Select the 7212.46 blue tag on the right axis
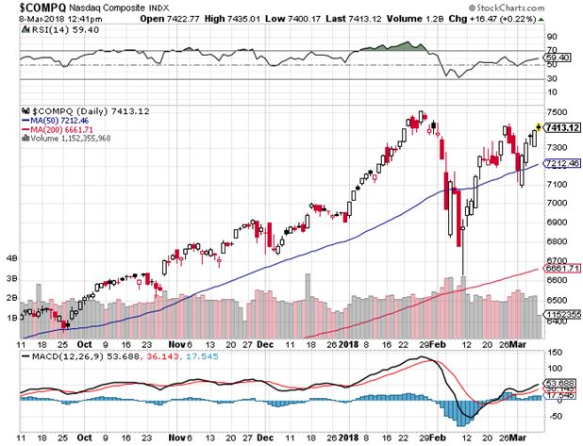pos(558,164)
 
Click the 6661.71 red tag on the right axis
pos(558,268)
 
